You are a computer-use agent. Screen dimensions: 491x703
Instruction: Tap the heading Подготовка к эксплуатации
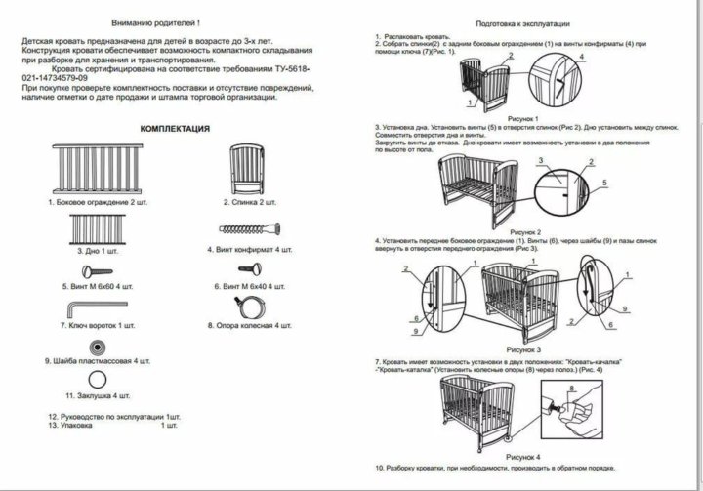pyautogui.click(x=522, y=21)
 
